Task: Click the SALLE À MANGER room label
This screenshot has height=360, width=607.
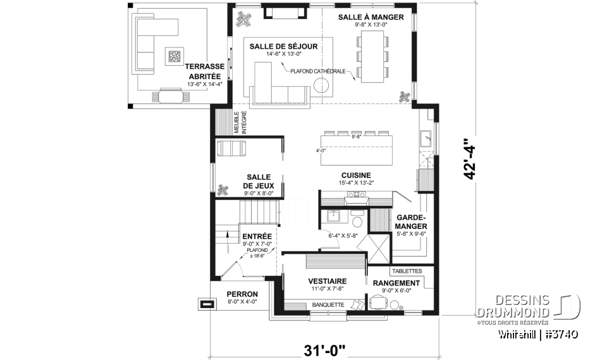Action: pyautogui.click(x=371, y=17)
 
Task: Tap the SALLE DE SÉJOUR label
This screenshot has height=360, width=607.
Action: pyautogui.click(x=283, y=46)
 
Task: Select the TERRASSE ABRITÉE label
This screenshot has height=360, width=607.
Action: pyautogui.click(x=205, y=71)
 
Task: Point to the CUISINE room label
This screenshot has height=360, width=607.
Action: pyautogui.click(x=356, y=175)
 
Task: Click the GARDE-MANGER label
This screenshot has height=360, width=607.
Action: pyautogui.click(x=411, y=221)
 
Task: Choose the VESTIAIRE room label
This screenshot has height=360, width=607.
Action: pyautogui.click(x=328, y=282)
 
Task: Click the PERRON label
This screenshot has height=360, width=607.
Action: pyautogui.click(x=242, y=294)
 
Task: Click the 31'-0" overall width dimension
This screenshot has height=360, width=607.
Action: pyautogui.click(x=324, y=351)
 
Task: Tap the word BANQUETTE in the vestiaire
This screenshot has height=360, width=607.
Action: pyautogui.click(x=328, y=305)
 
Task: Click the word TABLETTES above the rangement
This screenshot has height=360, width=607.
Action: pyautogui.click(x=407, y=271)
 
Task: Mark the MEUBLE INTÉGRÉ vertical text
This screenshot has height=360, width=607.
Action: pyautogui.click(x=240, y=123)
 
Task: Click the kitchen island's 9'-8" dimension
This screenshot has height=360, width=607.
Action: pyautogui.click(x=356, y=137)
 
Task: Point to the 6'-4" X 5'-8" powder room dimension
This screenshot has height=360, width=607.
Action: pyautogui.click(x=343, y=235)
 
